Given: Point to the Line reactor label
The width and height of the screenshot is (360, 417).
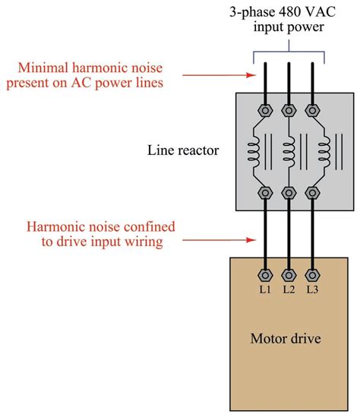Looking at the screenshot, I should tap(182, 151).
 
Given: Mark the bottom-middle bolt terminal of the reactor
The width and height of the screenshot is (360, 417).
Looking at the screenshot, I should tap(289, 194).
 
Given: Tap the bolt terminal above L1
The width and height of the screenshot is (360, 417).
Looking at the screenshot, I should tap(265, 274).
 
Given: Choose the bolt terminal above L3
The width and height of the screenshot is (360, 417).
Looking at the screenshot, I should tap(312, 274).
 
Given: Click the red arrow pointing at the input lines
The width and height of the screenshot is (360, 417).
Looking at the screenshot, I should tap(213, 74).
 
